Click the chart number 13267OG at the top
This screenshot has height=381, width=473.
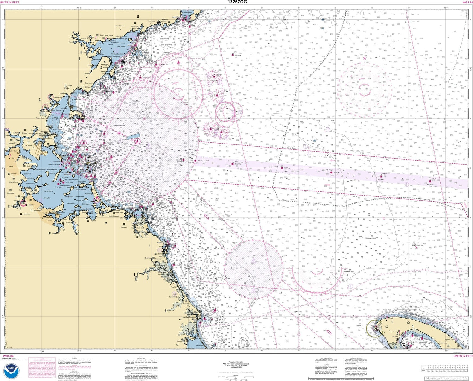pyautogui.click(x=237, y=2)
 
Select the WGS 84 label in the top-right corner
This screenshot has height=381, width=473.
pyautogui.click(x=467, y=2)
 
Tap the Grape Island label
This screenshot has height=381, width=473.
pyautogui.click(x=70, y=203)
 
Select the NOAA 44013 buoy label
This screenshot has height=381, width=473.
pyautogui.click(x=204, y=161)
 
